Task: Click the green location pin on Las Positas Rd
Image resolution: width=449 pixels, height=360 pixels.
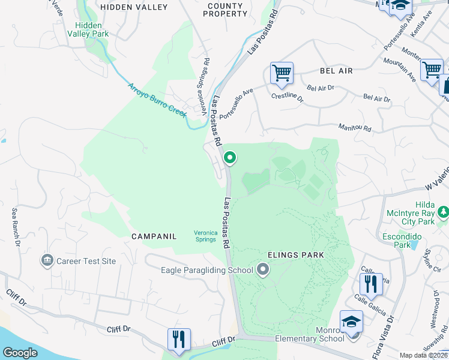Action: click(229, 158)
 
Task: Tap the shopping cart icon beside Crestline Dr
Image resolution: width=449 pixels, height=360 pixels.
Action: click(282, 73)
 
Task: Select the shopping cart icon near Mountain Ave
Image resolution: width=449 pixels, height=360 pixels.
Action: click(432, 70)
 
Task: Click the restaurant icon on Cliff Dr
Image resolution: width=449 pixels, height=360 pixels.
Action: click(179, 339)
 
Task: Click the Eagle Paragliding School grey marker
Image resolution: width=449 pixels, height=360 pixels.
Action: click(262, 270)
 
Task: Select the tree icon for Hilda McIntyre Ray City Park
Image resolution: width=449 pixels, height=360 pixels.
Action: click(443, 212)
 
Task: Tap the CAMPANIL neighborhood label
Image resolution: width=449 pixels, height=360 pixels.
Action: click(154, 236)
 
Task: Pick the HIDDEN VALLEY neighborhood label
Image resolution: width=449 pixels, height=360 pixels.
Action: click(134, 7)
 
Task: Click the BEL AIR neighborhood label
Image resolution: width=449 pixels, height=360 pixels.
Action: click(336, 71)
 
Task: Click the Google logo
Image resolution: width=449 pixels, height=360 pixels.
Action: click(20, 353)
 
